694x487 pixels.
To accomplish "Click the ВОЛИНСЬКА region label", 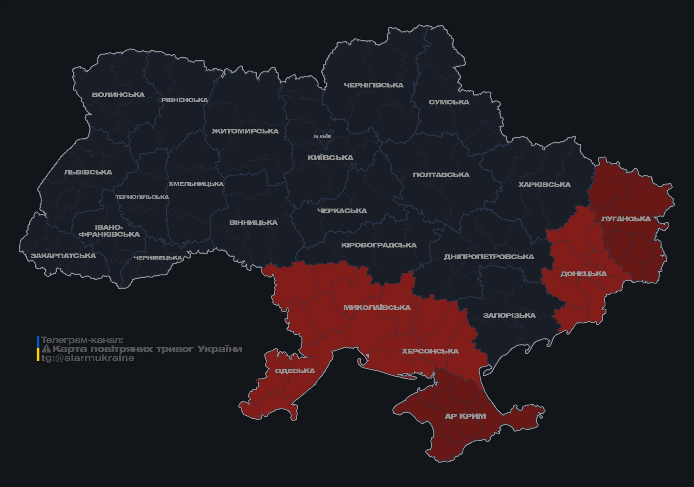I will [118, 95].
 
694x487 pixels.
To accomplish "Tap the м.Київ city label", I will [322, 136].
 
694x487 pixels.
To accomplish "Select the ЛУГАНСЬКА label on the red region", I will [626, 219].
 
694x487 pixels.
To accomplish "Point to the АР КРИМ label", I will [465, 416].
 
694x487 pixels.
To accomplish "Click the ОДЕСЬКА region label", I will [295, 371].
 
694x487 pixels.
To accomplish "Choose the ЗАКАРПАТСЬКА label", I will [63, 256].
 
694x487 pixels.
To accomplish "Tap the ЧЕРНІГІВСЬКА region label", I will [373, 85].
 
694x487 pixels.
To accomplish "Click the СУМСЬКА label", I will [449, 102].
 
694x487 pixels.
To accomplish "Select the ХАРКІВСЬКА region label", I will [544, 185].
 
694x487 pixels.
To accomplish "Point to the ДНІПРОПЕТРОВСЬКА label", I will [489, 257].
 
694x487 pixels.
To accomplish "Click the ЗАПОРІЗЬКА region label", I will [509, 316].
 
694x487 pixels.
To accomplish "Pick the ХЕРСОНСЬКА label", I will [430, 351].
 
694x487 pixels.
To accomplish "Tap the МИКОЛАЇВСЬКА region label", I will [377, 307].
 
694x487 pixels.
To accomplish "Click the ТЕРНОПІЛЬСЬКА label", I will [142, 197].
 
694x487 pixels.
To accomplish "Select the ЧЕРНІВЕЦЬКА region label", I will [158, 258].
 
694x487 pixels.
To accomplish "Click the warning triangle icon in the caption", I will [46, 349].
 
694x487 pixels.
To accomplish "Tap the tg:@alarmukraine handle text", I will [88, 358].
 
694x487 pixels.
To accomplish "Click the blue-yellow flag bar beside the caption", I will [38, 349].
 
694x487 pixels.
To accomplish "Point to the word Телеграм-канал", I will [82, 340].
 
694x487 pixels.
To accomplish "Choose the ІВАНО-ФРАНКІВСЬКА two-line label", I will [109, 231].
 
